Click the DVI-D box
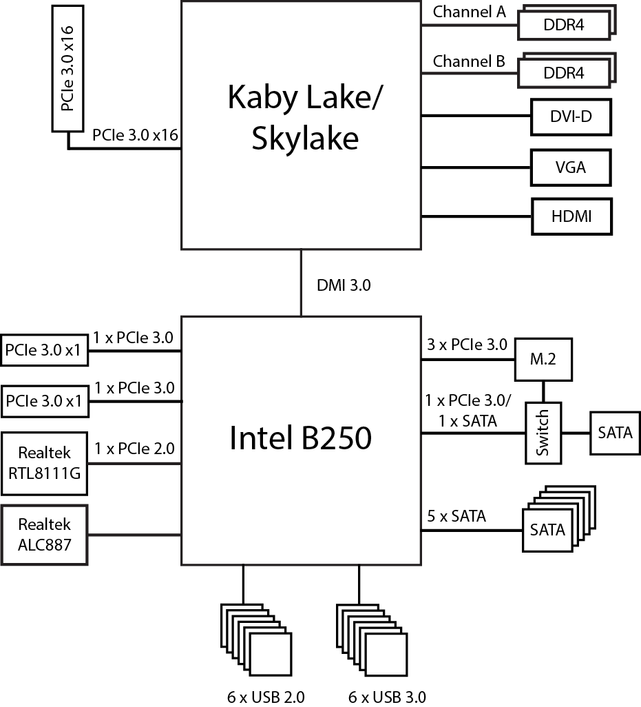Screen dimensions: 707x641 571,117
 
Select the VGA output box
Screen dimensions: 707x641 571,167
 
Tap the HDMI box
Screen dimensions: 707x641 571,216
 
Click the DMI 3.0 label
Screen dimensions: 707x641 343,285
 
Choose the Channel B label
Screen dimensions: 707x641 468,61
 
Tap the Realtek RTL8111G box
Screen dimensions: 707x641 45,463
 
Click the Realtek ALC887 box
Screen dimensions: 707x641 45,535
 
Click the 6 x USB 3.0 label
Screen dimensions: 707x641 387,697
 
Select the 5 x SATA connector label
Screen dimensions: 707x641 456,515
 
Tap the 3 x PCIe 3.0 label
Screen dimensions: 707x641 467,345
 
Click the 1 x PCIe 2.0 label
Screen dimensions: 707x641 134,449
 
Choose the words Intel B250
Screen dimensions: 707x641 300,438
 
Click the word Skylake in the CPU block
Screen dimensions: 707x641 305,139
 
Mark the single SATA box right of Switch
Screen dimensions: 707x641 615,433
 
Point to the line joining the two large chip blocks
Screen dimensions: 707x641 301,283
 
